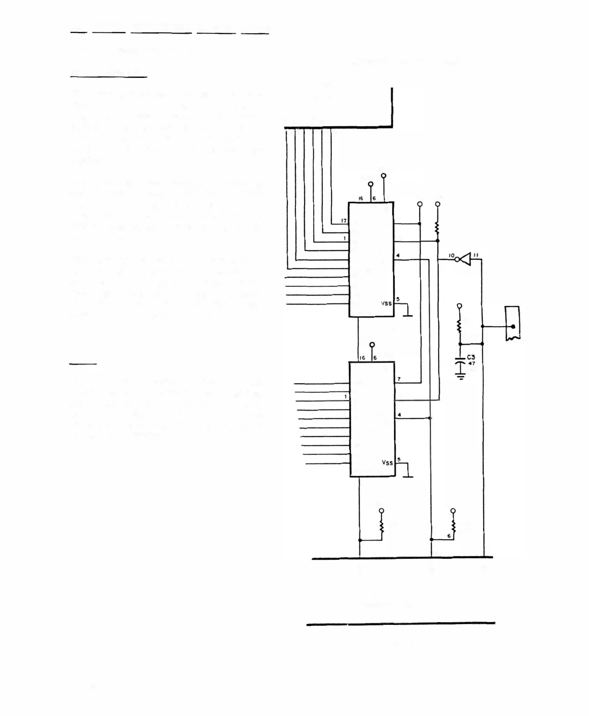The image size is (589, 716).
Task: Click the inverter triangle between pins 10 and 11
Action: click(465, 259)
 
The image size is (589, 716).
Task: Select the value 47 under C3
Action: click(471, 363)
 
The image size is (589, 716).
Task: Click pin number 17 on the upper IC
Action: click(344, 221)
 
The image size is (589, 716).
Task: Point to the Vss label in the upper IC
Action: click(386, 303)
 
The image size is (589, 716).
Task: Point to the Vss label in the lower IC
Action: click(387, 463)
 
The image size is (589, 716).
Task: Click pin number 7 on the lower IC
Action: click(399, 379)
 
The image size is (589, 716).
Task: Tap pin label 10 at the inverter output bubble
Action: click(451, 256)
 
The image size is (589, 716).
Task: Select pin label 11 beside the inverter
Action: click(475, 256)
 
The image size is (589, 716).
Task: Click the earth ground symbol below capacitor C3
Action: click(461, 376)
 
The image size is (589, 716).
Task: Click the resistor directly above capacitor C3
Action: click(460, 327)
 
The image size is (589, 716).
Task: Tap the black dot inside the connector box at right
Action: click(513, 327)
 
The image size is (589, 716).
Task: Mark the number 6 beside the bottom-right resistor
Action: click(449, 536)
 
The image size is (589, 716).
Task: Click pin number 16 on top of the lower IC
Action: click(362, 358)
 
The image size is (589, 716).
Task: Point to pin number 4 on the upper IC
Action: click(398, 256)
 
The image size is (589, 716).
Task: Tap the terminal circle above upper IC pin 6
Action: click(383, 175)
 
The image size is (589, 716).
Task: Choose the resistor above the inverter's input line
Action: click(437, 227)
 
